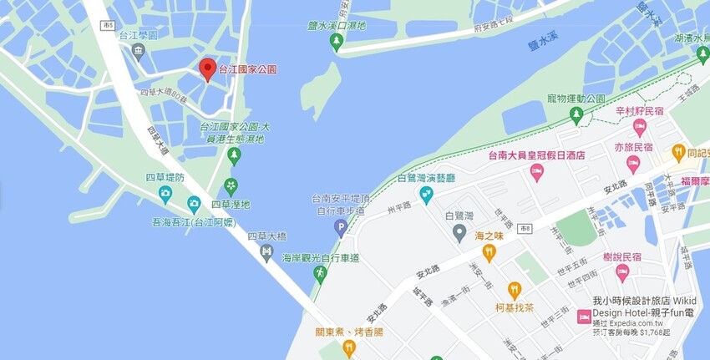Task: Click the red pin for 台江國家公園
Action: pos(207,69)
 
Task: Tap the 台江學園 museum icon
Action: pos(139,53)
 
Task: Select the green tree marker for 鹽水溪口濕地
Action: pos(337,42)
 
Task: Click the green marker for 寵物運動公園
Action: pos(576,114)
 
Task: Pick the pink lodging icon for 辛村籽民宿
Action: pos(640,127)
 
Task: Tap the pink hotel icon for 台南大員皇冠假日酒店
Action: pos(537,171)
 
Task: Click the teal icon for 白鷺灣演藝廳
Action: pos(426,195)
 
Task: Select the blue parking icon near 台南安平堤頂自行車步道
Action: pos(340,227)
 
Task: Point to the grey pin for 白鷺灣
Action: pos(459,232)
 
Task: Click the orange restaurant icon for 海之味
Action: pos(489,252)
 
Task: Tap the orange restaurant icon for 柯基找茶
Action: pos(514,290)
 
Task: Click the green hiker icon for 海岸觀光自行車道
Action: pos(319,273)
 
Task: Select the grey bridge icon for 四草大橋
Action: pos(266,251)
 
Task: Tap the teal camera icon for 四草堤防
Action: pos(165,195)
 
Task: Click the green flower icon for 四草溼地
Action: pos(231,186)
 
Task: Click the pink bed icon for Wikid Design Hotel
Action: pos(584,317)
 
